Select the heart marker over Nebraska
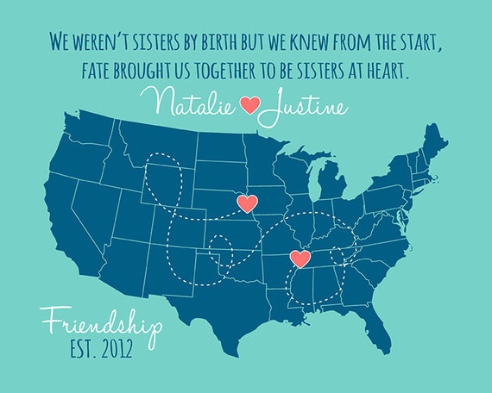pos(247,204)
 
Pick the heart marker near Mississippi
pos(301,258)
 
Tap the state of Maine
pos(432,143)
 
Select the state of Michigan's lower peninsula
pos(331,184)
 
